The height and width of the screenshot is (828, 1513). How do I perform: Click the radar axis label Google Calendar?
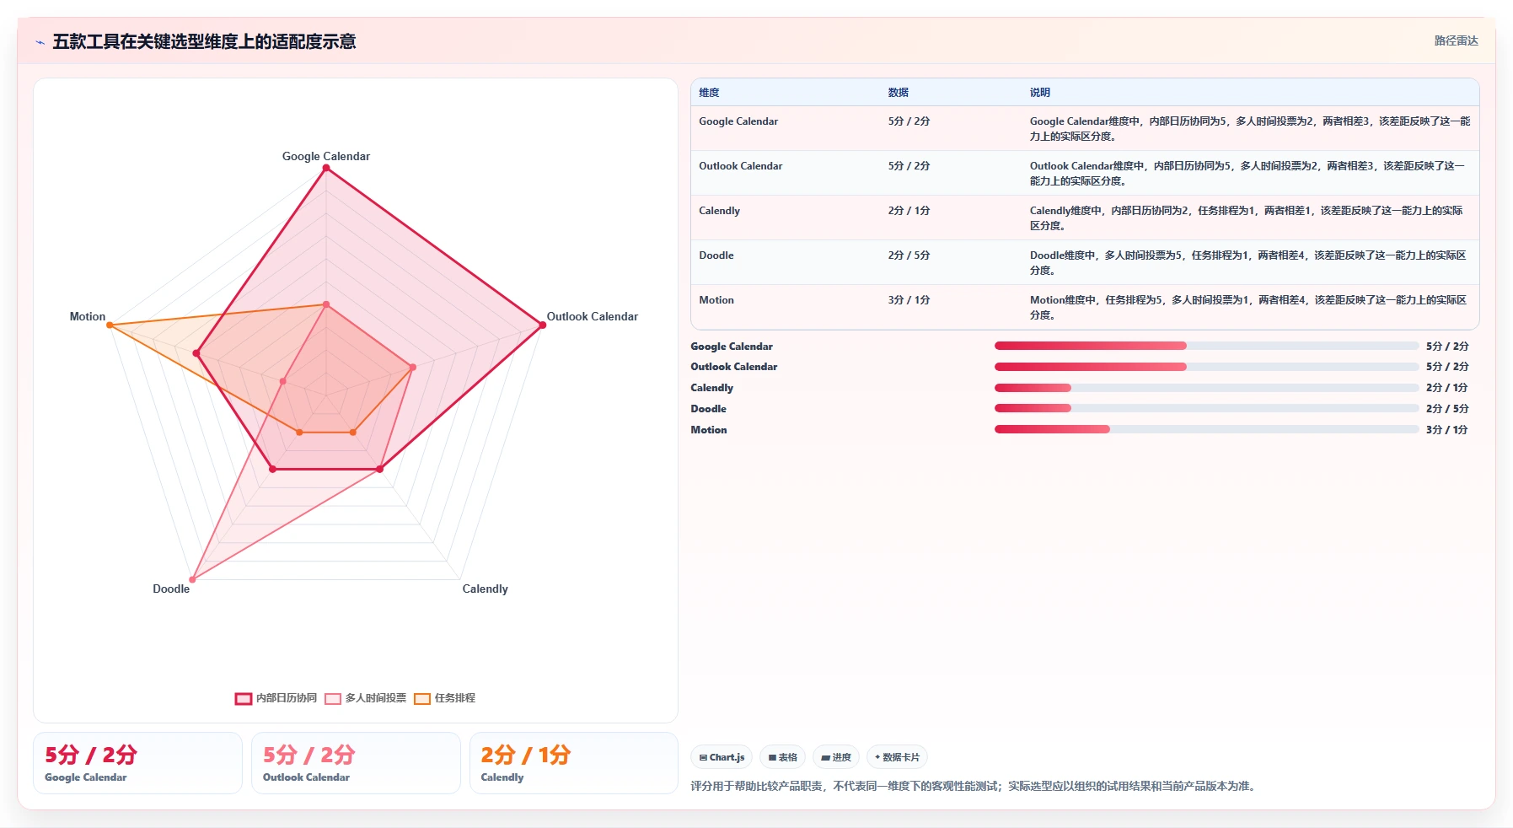pos(326,156)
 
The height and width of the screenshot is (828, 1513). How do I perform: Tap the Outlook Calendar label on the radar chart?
pos(593,316)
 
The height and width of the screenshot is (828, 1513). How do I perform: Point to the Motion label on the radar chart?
pos(88,316)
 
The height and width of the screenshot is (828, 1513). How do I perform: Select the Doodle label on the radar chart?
pos(171,589)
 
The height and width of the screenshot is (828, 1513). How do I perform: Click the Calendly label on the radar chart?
pos(486,589)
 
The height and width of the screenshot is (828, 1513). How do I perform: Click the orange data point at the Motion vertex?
pos(110,325)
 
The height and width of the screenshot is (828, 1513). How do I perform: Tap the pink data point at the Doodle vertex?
pos(192,579)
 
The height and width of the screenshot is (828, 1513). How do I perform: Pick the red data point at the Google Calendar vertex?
pos(326,168)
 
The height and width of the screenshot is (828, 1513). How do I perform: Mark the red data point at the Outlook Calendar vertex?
pos(542,325)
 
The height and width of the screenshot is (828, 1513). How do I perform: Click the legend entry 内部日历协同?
pos(276,698)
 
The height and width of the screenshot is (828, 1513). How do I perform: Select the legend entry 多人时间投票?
pos(366,698)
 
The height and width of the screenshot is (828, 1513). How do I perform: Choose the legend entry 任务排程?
pos(445,698)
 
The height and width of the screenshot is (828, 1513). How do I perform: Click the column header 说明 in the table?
pos(1040,93)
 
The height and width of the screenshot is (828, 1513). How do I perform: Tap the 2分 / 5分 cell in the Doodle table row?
pos(909,255)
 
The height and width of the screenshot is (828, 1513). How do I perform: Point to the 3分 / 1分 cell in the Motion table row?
pos(909,300)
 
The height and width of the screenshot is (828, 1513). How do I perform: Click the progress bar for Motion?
pos(1207,429)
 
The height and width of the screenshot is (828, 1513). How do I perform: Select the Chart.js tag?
pos(722,757)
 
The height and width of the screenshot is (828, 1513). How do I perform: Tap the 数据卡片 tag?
pos(898,757)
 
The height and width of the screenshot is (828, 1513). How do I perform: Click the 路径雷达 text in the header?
pos(1457,40)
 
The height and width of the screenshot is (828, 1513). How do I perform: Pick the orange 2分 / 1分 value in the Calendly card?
pos(526,755)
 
